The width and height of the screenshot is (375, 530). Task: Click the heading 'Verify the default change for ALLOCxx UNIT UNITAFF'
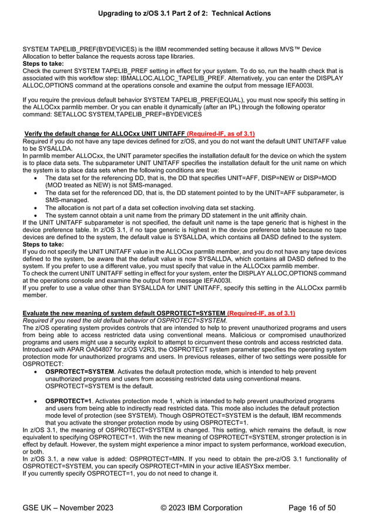click(x=104, y=135)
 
